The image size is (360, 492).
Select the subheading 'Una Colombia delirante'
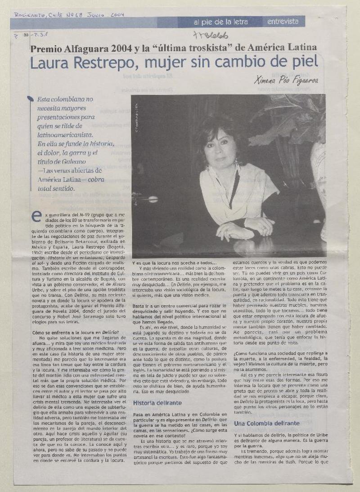267,423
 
